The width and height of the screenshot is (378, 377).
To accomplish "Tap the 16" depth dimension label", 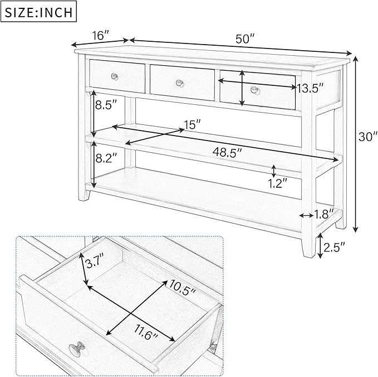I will pyautogui.click(x=100, y=36).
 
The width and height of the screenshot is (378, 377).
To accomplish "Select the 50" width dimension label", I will pyautogui.click(x=244, y=39).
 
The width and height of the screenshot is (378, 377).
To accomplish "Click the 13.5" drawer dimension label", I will pyautogui.click(x=310, y=88).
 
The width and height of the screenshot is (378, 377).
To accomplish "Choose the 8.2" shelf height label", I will pyautogui.click(x=106, y=158).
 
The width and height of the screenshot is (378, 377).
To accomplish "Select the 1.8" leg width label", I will pyautogui.click(x=324, y=213).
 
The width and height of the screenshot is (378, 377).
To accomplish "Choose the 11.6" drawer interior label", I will pyautogui.click(x=146, y=335).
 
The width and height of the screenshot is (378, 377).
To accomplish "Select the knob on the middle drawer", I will pyautogui.click(x=180, y=83).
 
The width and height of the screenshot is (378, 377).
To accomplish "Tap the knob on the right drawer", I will pyautogui.click(x=255, y=89).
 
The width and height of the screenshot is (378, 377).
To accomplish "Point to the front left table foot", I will pyautogui.click(x=85, y=196).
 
